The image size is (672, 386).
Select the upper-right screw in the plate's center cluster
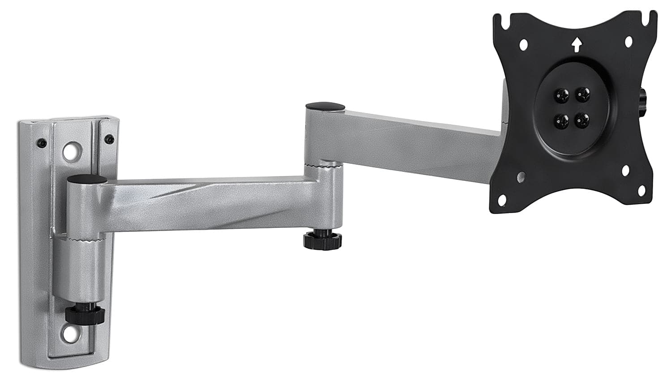pos(582,94)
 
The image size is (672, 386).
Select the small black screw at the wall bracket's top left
pos(41,142)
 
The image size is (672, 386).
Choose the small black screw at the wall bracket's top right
pos(108,140)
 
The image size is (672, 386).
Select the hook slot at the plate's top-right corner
pos(650,19)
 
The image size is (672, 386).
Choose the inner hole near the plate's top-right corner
pos(628,42)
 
